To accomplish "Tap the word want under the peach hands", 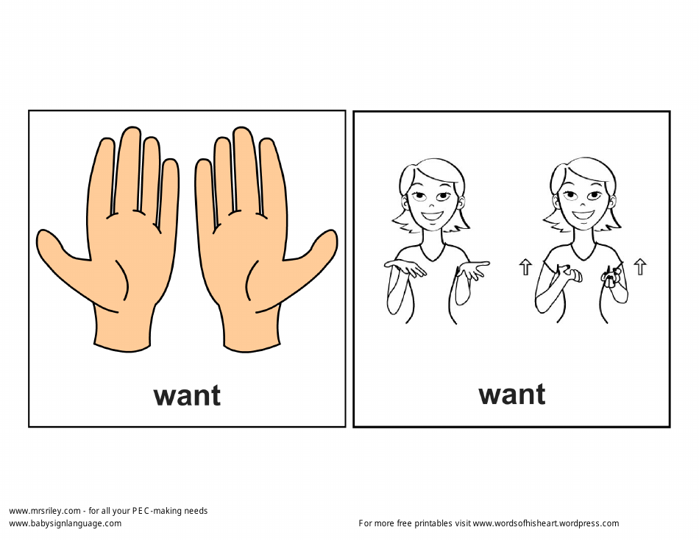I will tap(187, 395).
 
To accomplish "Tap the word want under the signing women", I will tap(512, 395).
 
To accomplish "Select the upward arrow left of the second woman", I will tap(525, 266).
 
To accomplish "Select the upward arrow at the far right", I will tap(640, 266).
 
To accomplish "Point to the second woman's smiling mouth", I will tap(582, 216).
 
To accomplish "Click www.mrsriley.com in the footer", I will tap(44, 511).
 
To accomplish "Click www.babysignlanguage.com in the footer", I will tap(65, 523).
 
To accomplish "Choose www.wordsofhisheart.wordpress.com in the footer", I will tap(545, 523).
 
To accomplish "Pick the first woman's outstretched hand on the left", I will tap(405, 268).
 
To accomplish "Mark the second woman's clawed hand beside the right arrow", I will tap(611, 276).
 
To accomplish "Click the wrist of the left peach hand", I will tap(122, 328).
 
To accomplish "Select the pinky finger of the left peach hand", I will tap(169, 188).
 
